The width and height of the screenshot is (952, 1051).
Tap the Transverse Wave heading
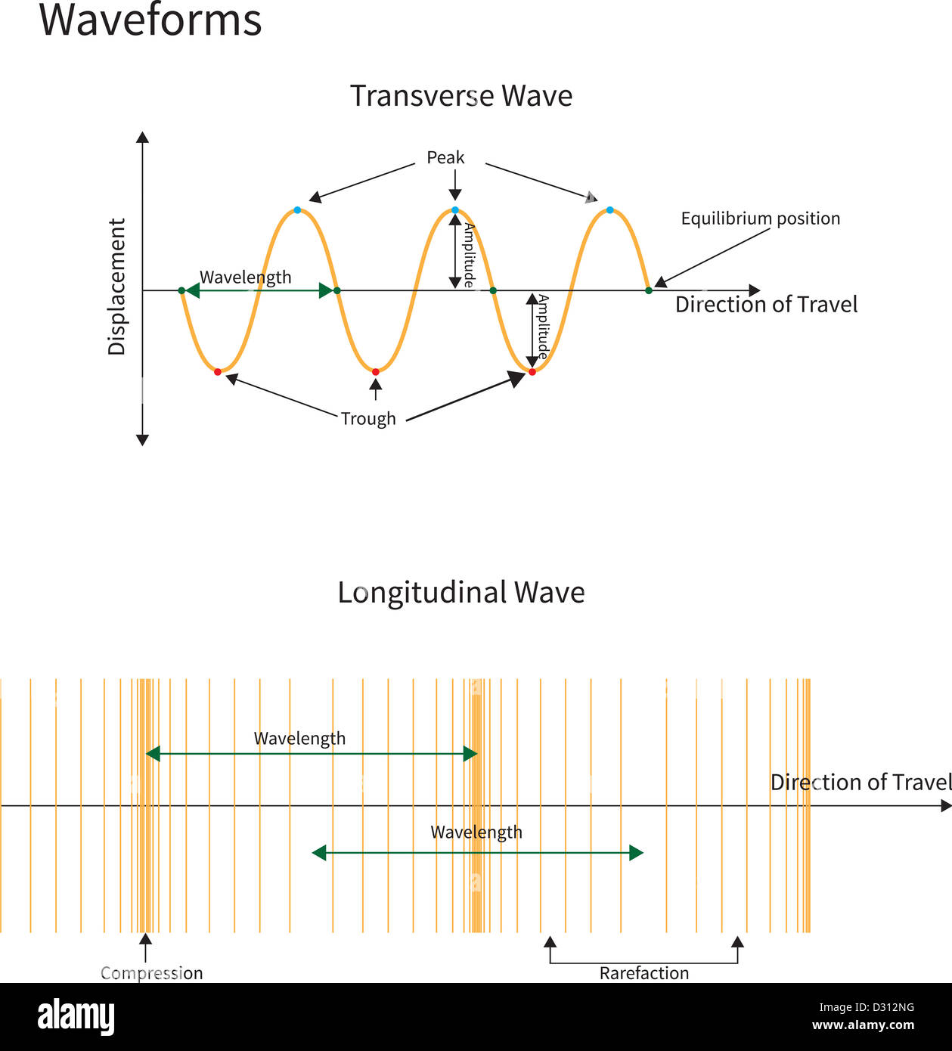point(461,95)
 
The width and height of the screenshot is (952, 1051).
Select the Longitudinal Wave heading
point(461,593)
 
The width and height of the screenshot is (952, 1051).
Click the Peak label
point(445,157)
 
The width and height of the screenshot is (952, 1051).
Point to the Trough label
point(368,419)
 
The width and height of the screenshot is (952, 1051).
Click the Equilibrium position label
point(760,219)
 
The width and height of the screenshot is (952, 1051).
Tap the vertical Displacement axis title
point(116,287)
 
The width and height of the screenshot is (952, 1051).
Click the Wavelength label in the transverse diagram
point(245,277)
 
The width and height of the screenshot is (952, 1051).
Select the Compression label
point(151,973)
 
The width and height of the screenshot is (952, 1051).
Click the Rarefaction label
point(644,973)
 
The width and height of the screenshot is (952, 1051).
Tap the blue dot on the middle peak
point(454,210)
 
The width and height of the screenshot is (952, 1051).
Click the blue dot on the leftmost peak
point(298,210)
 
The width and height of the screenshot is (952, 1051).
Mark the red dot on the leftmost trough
point(218,372)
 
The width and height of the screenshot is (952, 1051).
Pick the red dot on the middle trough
point(376,372)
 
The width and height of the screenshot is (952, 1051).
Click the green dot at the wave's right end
point(649,290)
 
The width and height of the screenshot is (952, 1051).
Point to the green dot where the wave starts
point(181,290)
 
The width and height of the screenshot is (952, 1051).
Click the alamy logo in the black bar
point(76,1017)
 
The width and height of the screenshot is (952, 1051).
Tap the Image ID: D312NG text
point(867,1007)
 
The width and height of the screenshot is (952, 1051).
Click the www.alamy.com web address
point(863,1025)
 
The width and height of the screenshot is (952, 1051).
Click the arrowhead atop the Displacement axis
point(142,138)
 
